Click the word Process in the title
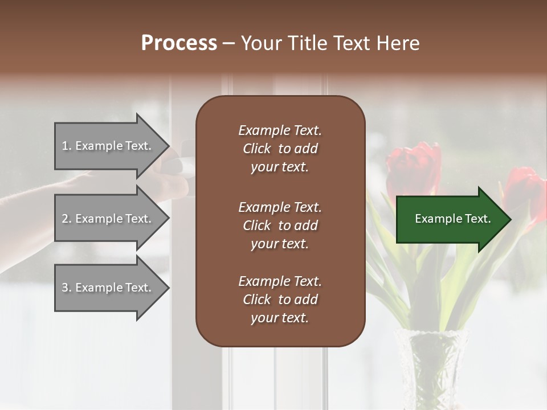click(x=179, y=43)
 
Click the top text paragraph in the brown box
click(x=280, y=149)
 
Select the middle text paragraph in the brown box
click(x=280, y=225)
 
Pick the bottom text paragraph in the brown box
click(x=280, y=300)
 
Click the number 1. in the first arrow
click(x=67, y=146)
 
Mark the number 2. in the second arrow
click(x=67, y=219)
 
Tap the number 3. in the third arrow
click(x=67, y=288)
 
